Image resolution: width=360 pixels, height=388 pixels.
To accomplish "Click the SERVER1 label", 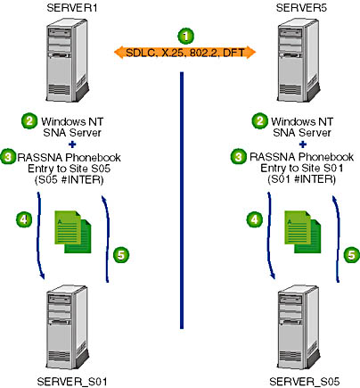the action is tap(72, 8).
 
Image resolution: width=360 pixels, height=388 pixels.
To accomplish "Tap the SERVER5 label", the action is tap(301, 8).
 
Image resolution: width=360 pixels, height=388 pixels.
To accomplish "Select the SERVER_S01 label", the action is tap(72, 381).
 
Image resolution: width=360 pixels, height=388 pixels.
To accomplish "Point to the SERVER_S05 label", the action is tap(304, 381).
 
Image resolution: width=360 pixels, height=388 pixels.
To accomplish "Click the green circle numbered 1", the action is tap(185, 37).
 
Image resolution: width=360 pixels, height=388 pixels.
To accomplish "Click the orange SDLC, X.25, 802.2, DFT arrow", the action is tap(184, 53).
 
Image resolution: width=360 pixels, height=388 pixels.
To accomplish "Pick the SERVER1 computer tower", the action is tap(68, 61).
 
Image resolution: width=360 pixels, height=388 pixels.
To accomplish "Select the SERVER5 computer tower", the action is tap(299, 61).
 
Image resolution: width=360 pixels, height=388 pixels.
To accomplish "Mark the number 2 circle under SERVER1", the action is tap(29, 121).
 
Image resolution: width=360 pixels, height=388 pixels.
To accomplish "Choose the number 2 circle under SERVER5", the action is tap(259, 121).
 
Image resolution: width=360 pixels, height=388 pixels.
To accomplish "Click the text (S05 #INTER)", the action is tap(70, 180).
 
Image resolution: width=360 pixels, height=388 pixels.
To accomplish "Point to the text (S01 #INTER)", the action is tap(301, 179).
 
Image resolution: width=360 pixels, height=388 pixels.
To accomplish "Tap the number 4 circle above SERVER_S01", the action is tap(24, 219).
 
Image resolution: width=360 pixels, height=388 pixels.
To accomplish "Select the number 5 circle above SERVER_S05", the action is tap(352, 255).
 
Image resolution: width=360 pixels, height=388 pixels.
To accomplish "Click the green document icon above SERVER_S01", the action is tap(73, 232).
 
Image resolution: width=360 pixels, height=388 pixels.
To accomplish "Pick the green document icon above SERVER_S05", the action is tap(303, 232).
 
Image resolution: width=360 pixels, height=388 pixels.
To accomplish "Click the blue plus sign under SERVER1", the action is tap(72, 144).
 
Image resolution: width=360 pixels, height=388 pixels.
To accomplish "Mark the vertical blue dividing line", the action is tap(182, 200).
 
